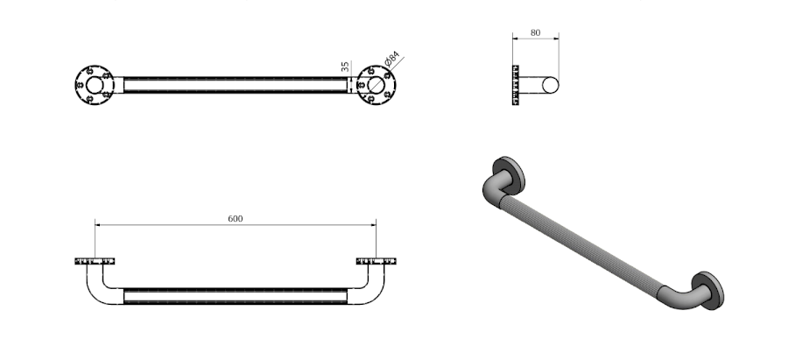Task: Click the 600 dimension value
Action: click(236, 219)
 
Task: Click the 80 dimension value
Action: click(535, 32)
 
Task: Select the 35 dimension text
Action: click(345, 67)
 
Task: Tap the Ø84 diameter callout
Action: click(392, 59)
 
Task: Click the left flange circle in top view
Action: click(95, 85)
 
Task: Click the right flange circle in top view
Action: click(376, 85)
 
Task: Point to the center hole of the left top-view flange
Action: click(95, 85)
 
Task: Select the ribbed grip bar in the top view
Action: click(236, 85)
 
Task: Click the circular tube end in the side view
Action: click(551, 86)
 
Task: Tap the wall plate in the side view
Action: click(515, 85)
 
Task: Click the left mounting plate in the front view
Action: click(95, 261)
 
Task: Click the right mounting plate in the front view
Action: click(376, 261)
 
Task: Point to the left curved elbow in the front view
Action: click(102, 286)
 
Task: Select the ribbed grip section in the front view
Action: click(236, 296)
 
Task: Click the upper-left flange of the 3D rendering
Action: click(510, 175)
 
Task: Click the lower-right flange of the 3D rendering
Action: click(708, 291)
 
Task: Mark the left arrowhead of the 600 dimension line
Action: click(97, 225)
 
